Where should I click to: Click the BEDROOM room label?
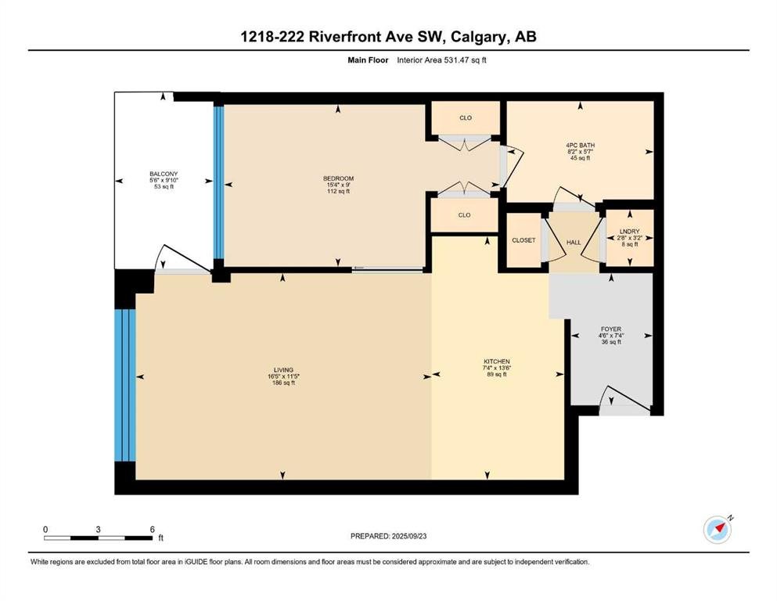(339, 178)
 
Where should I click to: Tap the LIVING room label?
(283, 369)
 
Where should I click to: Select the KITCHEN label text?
(497, 362)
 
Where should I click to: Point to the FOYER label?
(611, 329)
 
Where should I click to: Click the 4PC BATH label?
(581, 146)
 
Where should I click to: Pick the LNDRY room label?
(630, 232)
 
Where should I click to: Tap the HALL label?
(574, 243)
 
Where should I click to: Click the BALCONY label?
(164, 174)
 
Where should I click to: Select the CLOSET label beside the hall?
(523, 240)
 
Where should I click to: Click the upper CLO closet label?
(466, 118)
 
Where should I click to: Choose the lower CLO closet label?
(464, 215)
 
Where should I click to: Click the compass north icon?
(718, 530)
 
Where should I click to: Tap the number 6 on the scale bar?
(152, 529)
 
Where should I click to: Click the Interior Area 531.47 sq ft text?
(441, 60)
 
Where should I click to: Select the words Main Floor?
(368, 60)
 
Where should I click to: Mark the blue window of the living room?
(125, 386)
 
